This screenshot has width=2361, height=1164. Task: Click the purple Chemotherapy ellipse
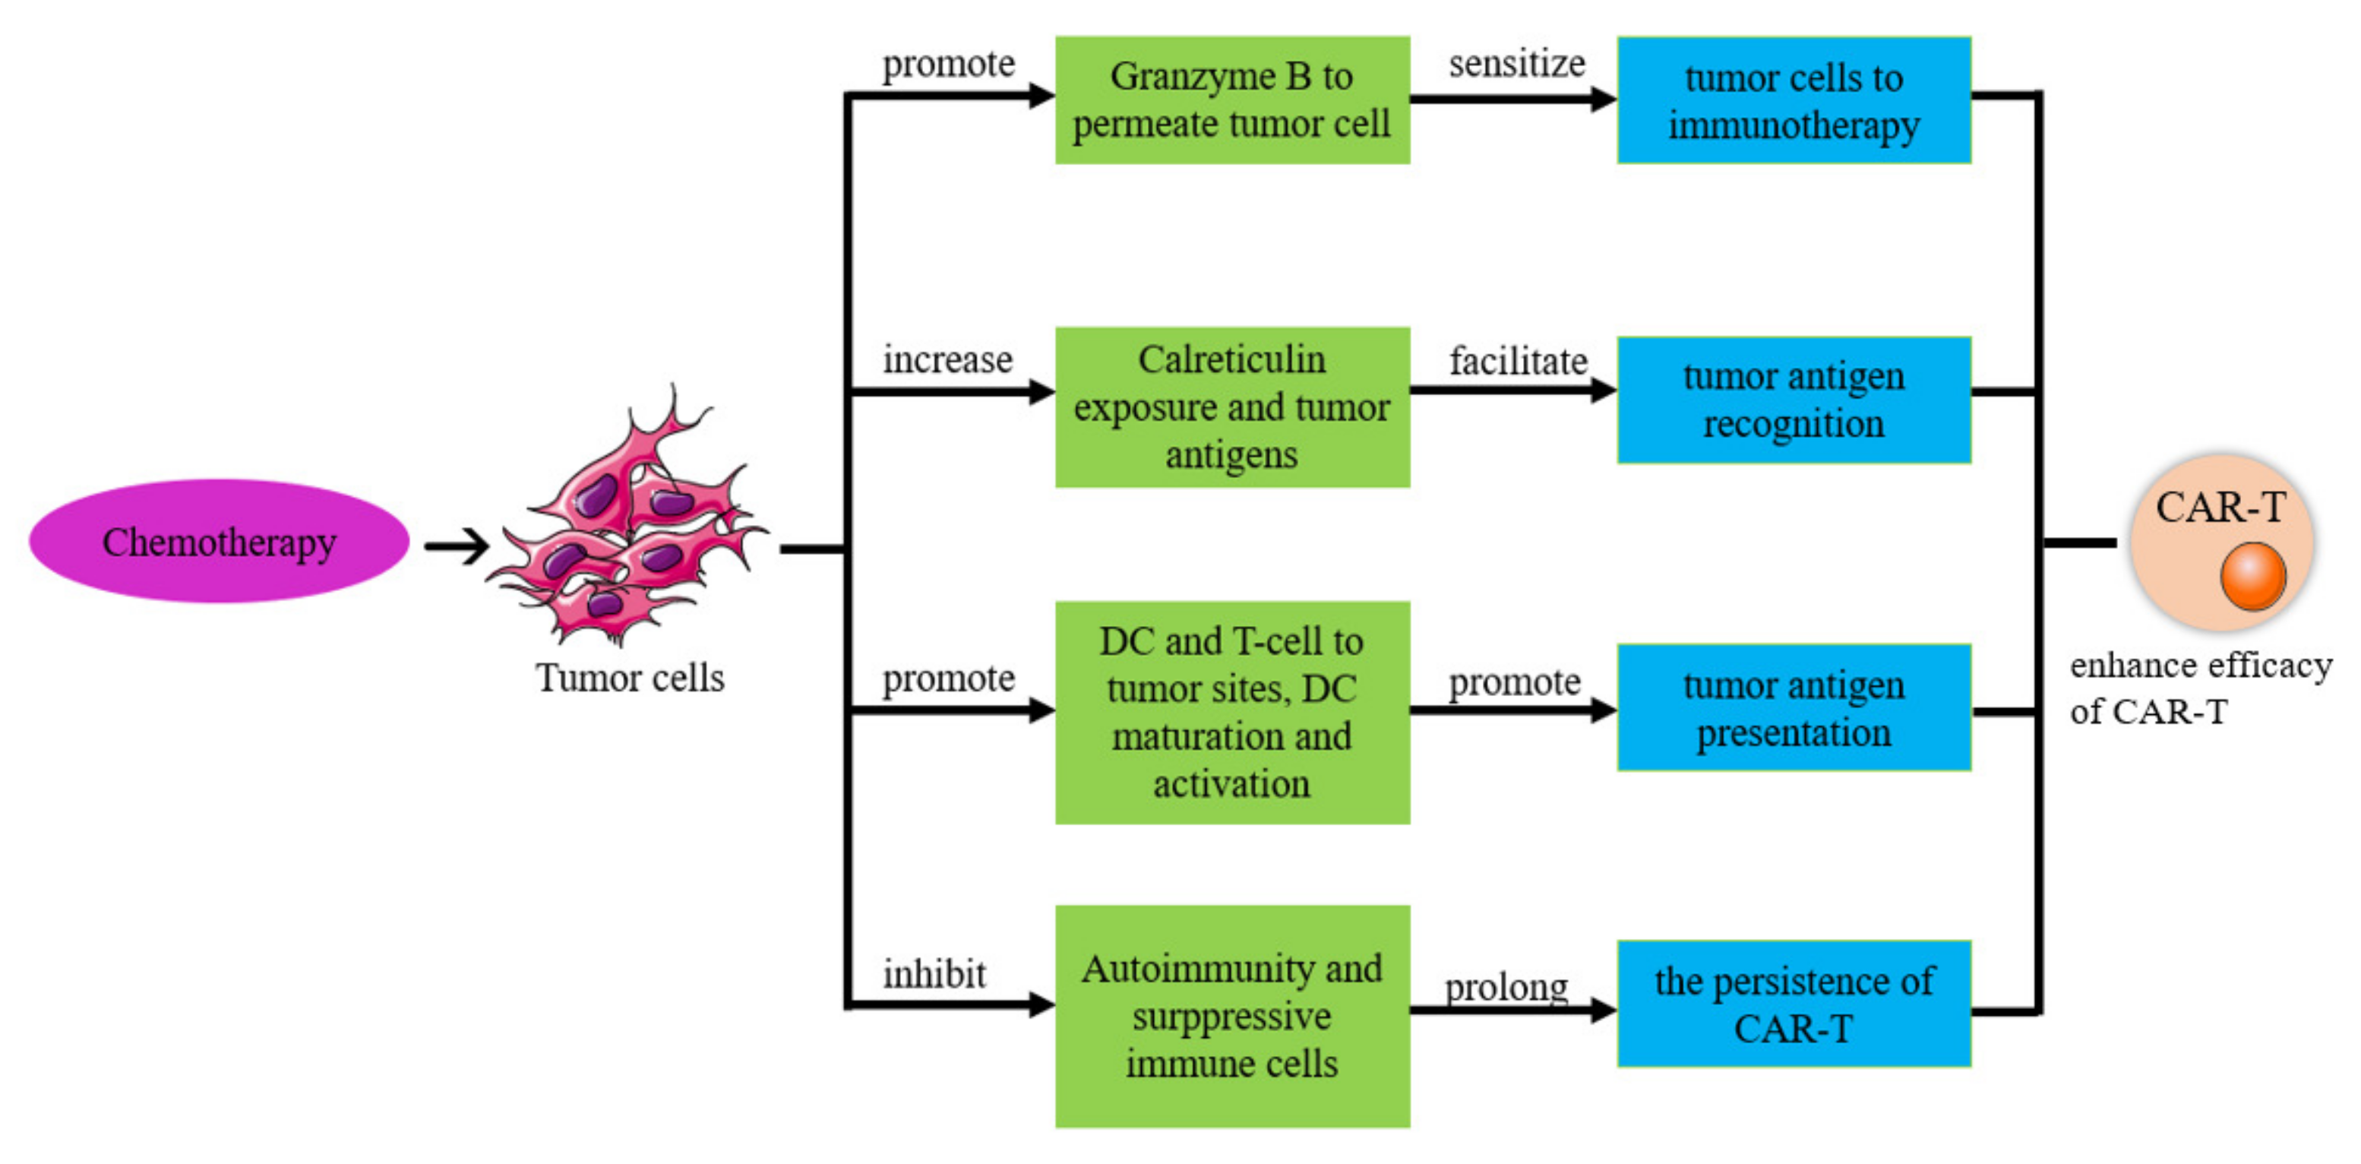[218, 542]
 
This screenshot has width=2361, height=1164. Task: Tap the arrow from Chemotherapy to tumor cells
[457, 546]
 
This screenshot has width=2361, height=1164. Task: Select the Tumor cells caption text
[630, 678]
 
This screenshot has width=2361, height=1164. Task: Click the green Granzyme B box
[1232, 100]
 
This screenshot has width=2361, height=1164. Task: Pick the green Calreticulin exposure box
[1232, 407]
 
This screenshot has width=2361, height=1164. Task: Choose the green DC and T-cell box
[1232, 712]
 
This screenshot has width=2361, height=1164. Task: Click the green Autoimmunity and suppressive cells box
[1232, 1016]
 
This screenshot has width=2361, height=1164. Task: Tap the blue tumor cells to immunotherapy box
[1794, 100]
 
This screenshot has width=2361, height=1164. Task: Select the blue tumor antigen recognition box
[1794, 400]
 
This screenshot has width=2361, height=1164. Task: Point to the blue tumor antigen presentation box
[1794, 707]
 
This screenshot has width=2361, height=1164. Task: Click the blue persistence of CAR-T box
[1794, 1004]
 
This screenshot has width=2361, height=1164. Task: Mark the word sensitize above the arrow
[1517, 64]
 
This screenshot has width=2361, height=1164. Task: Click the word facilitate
[1518, 361]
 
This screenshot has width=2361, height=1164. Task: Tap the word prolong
[1506, 988]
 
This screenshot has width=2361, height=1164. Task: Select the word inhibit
[934, 973]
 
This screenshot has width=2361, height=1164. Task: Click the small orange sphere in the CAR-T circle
[2253, 576]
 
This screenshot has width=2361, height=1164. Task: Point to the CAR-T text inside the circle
[2220, 507]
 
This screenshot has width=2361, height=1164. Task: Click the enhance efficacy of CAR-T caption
[2200, 688]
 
